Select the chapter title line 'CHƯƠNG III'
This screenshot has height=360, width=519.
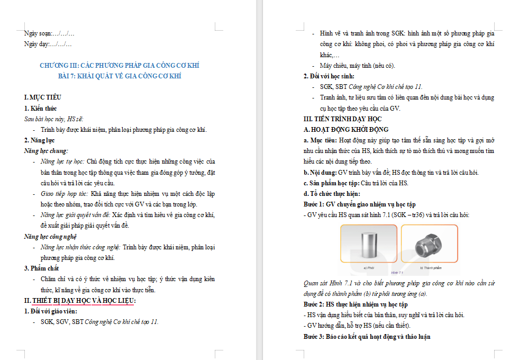click(120, 66)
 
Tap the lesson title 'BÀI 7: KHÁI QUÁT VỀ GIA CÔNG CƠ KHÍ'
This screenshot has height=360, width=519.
click(120, 76)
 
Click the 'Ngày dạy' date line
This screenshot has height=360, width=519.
click(48, 44)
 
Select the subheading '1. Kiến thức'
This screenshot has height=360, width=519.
click(41, 109)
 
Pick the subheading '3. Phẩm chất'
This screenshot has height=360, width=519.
click(41, 268)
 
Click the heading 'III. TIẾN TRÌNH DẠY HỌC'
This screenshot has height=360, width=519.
click(342, 119)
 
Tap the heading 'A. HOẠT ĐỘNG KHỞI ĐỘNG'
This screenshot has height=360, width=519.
click(346, 130)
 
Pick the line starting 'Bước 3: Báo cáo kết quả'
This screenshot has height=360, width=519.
click(367, 336)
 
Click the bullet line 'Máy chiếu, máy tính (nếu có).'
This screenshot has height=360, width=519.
click(357, 66)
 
